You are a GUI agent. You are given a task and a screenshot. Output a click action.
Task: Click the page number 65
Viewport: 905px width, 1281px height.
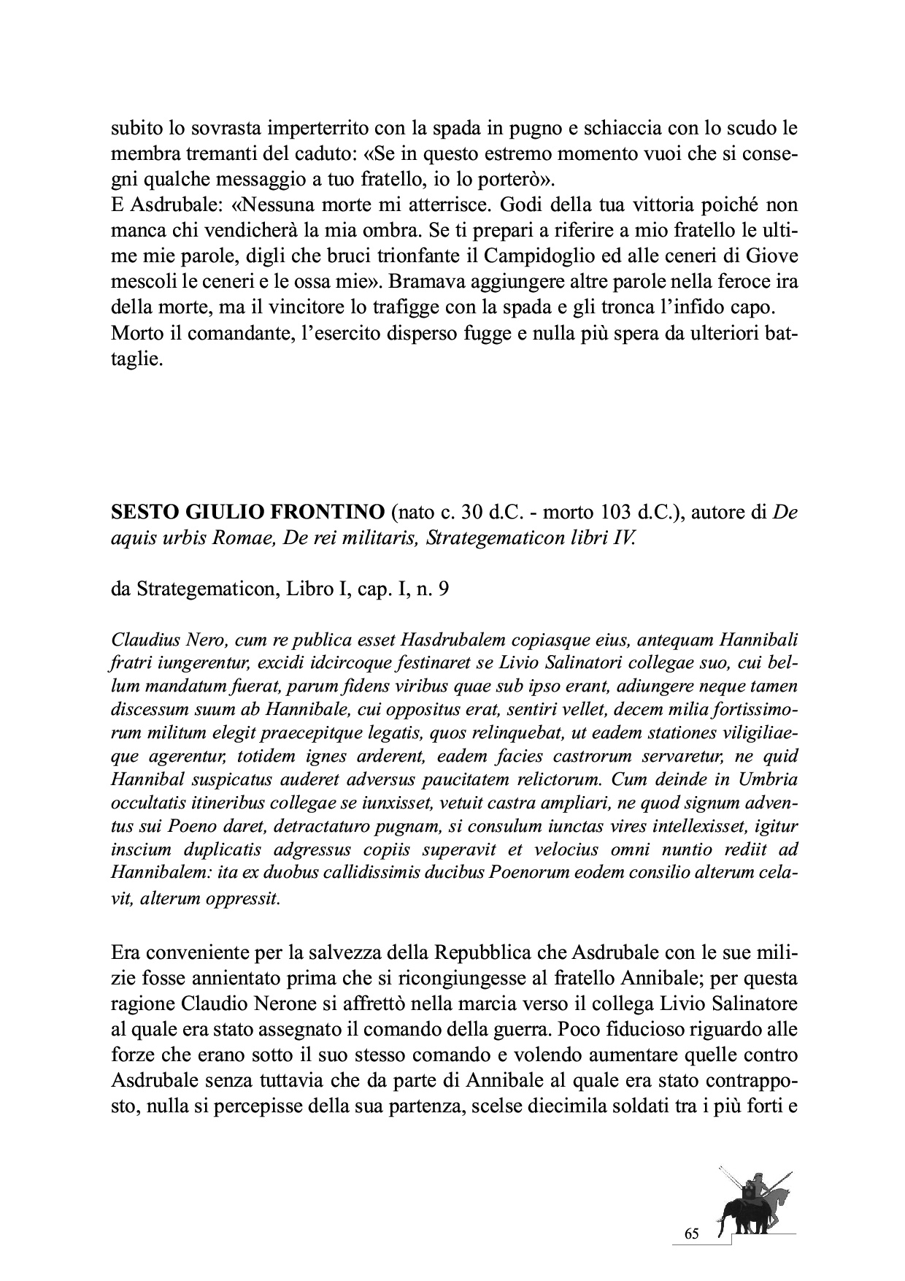(692, 1234)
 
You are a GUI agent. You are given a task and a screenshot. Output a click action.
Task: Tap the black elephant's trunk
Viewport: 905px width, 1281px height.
(722, 1227)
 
